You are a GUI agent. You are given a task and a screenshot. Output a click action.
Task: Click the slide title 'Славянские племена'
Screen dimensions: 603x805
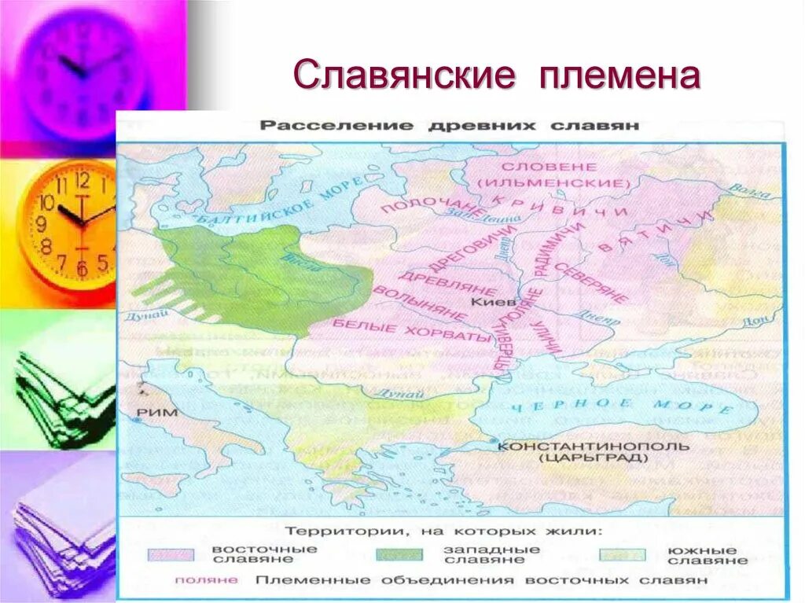tap(496, 77)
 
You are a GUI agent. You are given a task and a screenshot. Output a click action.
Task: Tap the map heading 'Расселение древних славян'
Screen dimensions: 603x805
tap(450, 126)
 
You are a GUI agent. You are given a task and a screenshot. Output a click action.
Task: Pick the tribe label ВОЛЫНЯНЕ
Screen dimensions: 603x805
tap(420, 303)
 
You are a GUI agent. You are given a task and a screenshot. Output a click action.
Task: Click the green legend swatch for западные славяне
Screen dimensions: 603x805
tap(399, 554)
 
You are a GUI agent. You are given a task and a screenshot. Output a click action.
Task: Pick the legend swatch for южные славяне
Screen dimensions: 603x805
tap(623, 554)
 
